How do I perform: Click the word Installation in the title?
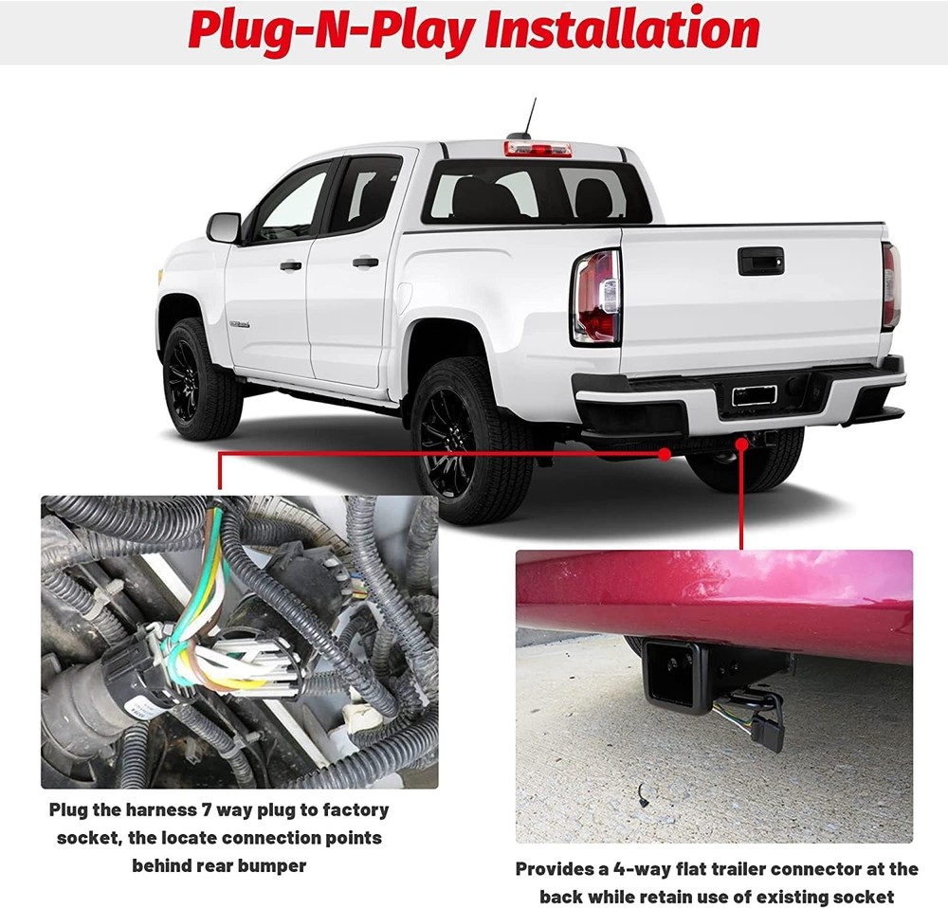click(622, 30)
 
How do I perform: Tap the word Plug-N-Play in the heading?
click(331, 30)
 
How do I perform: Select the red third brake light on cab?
click(538, 149)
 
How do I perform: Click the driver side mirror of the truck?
click(225, 227)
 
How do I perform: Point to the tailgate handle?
click(760, 261)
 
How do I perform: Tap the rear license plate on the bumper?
click(755, 395)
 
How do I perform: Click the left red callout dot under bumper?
click(665, 454)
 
